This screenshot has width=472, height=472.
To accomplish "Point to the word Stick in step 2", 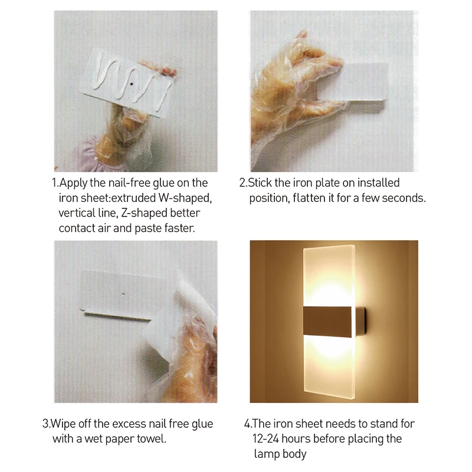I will click(261, 183).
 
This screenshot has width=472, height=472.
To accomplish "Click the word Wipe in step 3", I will click(63, 424).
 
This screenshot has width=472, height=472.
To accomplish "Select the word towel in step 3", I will click(151, 438).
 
